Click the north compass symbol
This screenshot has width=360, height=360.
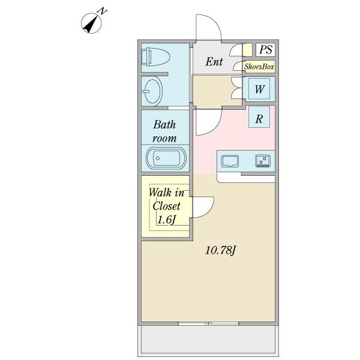(91, 23)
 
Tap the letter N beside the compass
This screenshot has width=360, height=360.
(103, 11)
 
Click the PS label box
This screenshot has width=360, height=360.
(265, 50)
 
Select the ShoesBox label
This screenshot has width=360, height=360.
(259, 67)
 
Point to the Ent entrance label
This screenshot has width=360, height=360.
(214, 62)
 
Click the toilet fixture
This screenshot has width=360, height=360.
(155, 57)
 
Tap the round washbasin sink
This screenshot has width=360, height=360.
(152, 91)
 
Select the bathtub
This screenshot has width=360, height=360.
(166, 158)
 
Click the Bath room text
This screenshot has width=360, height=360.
(164, 131)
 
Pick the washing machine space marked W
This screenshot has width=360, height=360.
(259, 89)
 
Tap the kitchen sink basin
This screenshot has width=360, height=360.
(230, 161)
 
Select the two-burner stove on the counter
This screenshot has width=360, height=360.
(263, 161)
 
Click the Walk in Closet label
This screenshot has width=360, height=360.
(166, 199)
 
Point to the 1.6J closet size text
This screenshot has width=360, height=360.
(167, 220)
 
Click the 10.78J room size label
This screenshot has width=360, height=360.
(221, 250)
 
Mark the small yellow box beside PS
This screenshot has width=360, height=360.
(247, 50)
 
